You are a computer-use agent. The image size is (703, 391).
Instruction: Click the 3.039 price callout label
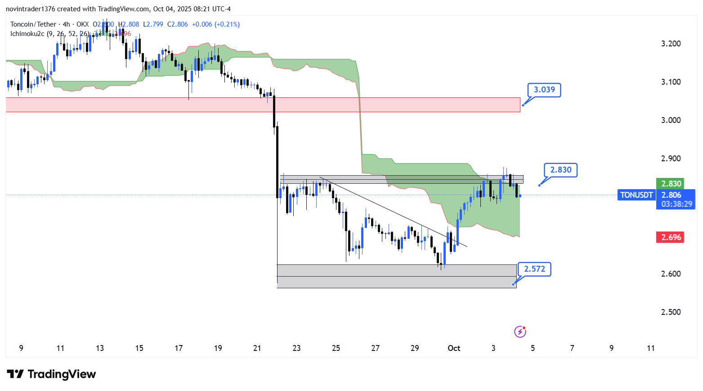544,90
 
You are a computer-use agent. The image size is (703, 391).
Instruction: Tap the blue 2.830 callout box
560,170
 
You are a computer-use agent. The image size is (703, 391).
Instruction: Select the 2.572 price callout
534,269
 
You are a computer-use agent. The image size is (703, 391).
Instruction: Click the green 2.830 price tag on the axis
671,183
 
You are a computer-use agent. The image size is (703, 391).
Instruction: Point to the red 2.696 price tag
671,237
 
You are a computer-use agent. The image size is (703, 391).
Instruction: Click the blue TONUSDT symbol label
636,195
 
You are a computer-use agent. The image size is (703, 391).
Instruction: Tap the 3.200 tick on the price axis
671,44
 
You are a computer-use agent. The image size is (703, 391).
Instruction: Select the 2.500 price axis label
671,312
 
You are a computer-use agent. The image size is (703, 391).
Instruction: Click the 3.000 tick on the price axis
671,120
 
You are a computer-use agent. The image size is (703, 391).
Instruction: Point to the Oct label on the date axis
454,348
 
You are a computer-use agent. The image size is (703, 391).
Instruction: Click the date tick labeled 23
296,348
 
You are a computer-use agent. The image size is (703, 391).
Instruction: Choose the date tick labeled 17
179,348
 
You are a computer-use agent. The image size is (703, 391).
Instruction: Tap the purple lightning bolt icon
520,332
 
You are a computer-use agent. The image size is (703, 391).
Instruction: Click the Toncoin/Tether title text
33,24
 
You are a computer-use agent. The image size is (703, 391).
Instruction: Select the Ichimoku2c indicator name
27,34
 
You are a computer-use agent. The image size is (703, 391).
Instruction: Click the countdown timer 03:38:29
676,204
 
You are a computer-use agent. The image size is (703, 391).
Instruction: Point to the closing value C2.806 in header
178,24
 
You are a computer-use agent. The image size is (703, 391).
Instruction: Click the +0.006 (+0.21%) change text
216,24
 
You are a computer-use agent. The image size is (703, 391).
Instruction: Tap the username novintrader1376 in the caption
30,9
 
